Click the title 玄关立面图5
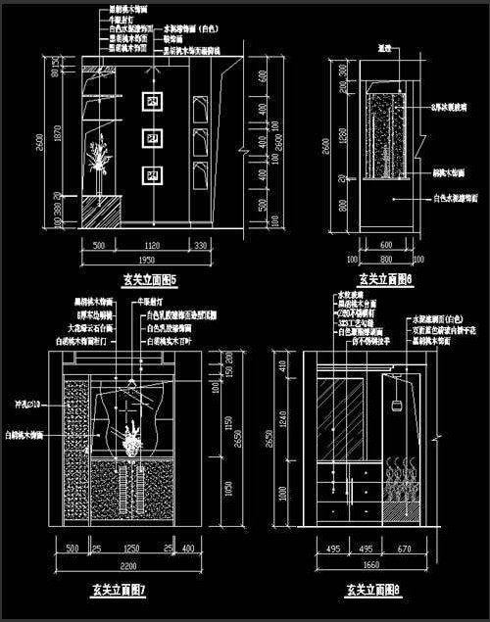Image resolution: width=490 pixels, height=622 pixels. pos(147,280)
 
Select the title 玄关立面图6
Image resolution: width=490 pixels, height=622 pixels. pos(383,279)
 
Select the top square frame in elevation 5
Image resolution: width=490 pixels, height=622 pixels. pos(153,101)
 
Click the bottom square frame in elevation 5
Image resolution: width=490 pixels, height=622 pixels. pos(153,175)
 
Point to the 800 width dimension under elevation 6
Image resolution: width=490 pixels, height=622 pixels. pos(383,261)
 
